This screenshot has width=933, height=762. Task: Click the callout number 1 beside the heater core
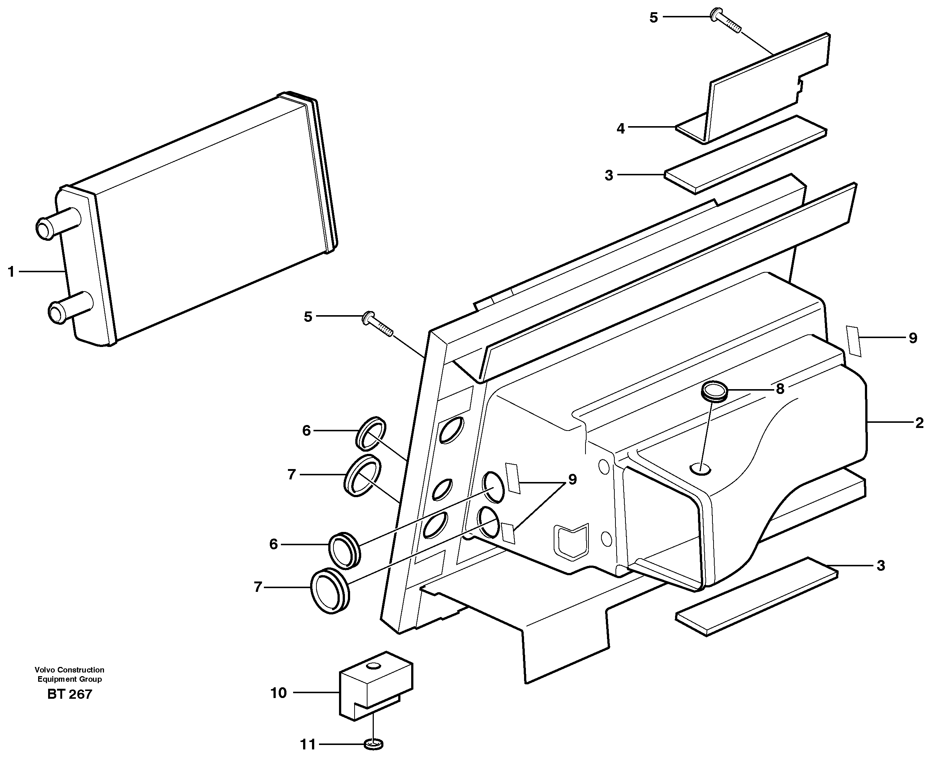click(x=11, y=272)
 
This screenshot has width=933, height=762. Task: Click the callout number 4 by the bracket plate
click(x=620, y=129)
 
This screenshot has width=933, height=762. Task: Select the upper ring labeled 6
click(x=371, y=433)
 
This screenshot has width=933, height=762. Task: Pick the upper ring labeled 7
click(x=362, y=476)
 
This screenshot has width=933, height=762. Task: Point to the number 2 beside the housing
click(x=919, y=423)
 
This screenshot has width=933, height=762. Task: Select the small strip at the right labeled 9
click(x=853, y=341)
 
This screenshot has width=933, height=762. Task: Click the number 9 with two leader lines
click(x=572, y=479)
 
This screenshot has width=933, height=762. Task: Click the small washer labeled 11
click(x=374, y=744)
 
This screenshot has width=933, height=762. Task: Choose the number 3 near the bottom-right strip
click(x=880, y=566)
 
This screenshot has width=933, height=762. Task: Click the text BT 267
click(x=69, y=694)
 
